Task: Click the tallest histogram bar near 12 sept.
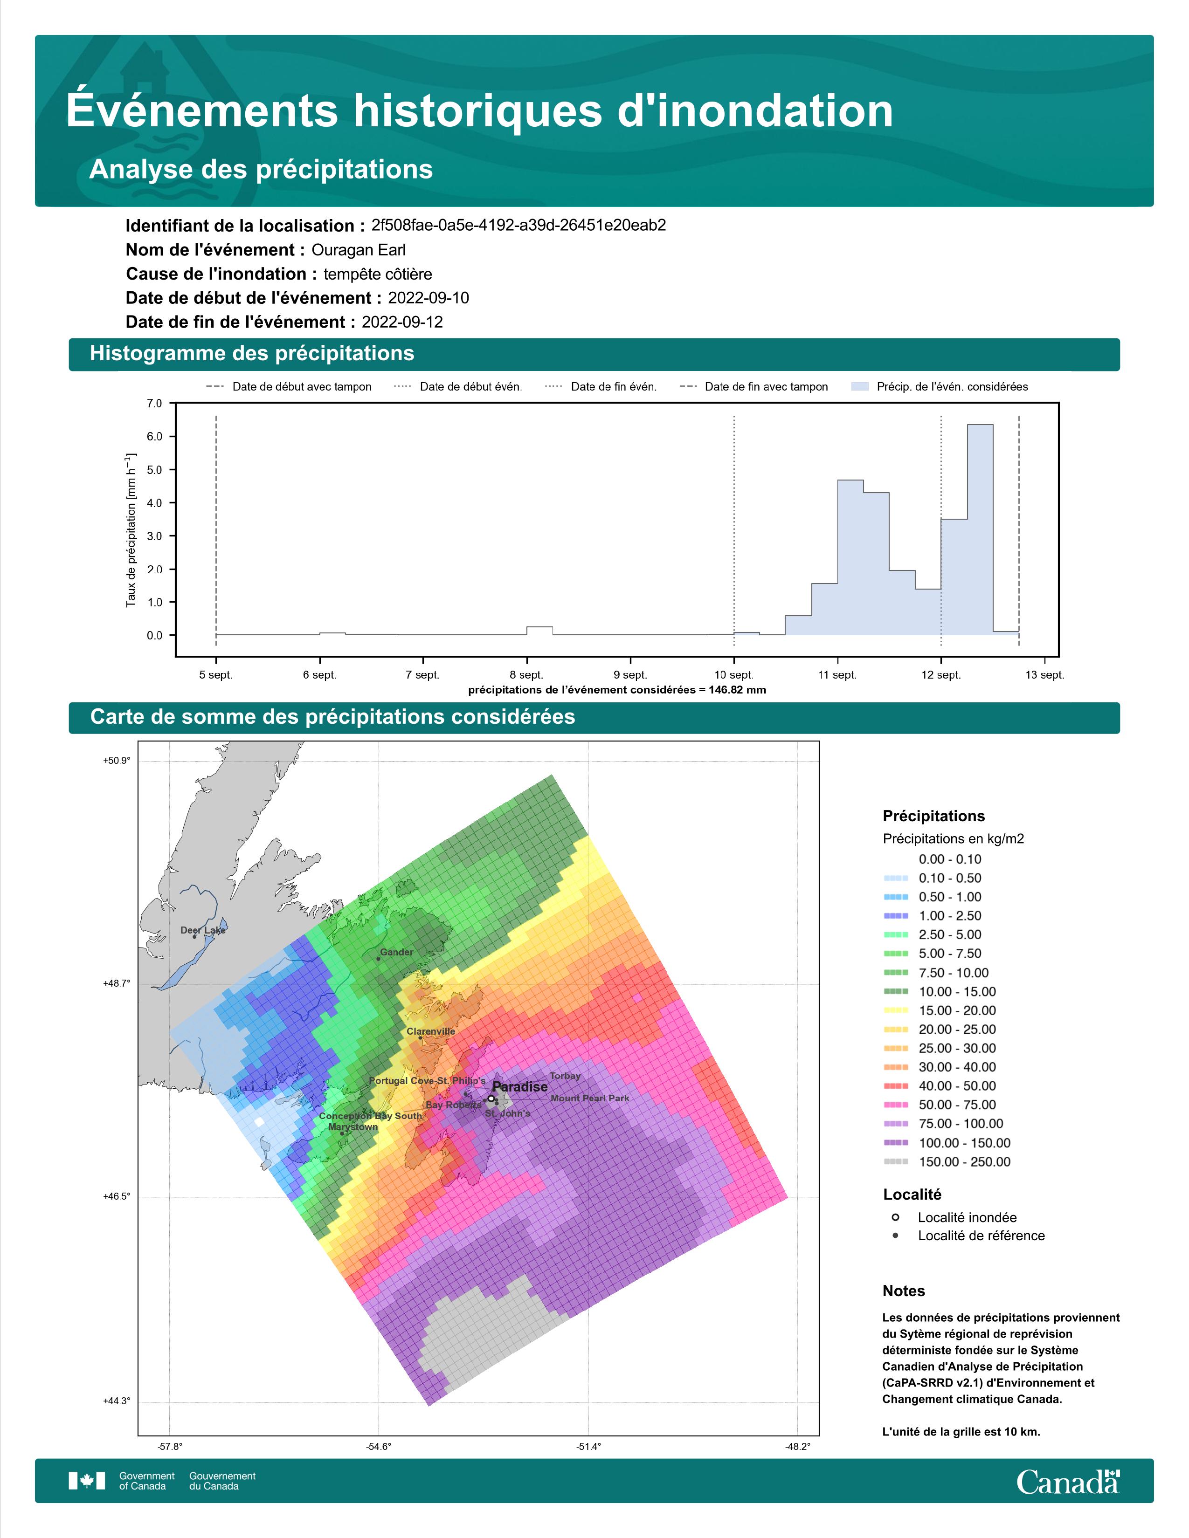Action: pos(980,529)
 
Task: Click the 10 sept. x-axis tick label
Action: pos(734,675)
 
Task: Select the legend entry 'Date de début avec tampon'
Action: pos(289,387)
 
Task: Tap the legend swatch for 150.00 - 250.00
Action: pos(895,1162)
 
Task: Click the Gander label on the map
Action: pos(397,952)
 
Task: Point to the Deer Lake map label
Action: pos(203,930)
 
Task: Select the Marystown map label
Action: pos(353,1127)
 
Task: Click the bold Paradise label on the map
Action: pos(520,1086)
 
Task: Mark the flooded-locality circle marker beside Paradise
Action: pos(491,1099)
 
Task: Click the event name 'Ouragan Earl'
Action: pos(359,250)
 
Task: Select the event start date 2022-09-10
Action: pos(428,298)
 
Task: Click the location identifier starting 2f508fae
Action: pos(518,226)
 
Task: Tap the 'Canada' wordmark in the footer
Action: pos(1068,1483)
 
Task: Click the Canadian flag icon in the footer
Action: pos(87,1481)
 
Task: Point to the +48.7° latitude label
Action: pos(117,984)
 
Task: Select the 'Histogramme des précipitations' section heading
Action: pos(252,354)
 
